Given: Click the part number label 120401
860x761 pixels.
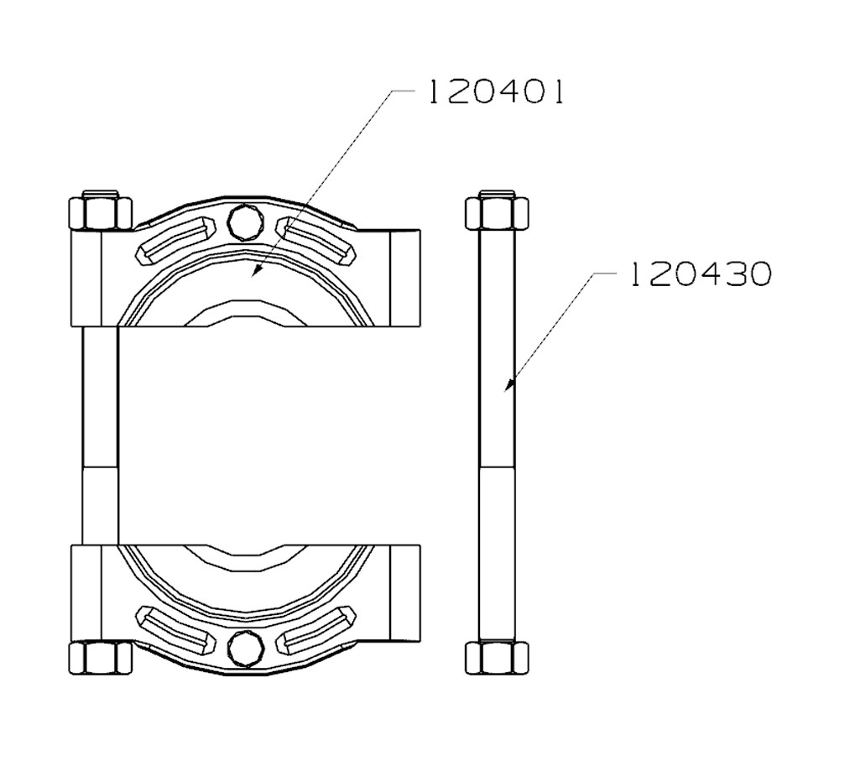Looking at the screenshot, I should tap(495, 91).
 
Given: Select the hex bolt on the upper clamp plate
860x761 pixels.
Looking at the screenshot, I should tap(245, 221).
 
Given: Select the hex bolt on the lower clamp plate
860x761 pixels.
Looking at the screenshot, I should tap(245, 648).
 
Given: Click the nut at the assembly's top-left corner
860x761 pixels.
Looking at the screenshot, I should tap(100, 211).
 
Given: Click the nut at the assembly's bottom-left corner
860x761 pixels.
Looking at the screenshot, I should tap(100, 658).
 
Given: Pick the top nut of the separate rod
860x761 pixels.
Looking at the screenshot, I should tap(497, 212).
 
